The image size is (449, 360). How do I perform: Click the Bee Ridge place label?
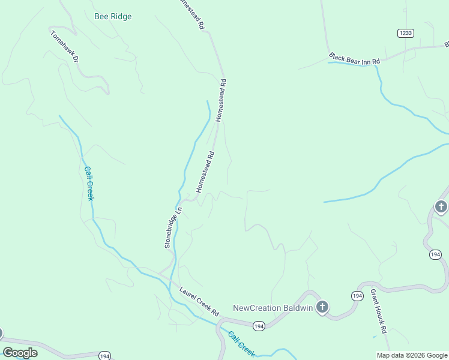(x=113, y=17)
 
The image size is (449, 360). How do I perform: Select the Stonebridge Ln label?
(x=173, y=227)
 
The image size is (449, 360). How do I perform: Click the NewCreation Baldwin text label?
(x=273, y=308)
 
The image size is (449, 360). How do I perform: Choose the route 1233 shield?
(x=405, y=33)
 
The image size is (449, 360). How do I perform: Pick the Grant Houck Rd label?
(x=378, y=311)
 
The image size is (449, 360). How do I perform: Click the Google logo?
(x=20, y=353)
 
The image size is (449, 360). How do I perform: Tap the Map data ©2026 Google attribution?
(x=412, y=355)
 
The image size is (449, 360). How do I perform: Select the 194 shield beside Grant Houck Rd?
(x=357, y=296)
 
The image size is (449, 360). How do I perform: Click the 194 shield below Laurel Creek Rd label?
(x=259, y=326)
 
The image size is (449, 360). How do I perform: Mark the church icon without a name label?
(x=442, y=208)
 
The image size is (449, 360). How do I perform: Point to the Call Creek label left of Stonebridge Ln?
(x=89, y=184)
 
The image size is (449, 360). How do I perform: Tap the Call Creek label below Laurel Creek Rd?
(x=241, y=344)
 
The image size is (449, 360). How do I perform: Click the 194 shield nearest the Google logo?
(x=104, y=355)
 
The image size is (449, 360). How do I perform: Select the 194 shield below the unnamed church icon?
(x=436, y=255)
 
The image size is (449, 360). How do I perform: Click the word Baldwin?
(x=298, y=308)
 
